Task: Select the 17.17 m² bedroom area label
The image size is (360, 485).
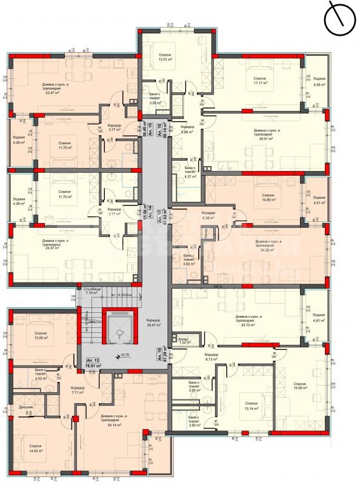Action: [260, 84]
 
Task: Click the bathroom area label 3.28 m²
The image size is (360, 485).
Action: [156, 103]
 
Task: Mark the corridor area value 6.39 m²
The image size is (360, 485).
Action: [209, 216]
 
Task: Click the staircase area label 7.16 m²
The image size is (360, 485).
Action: [92, 292]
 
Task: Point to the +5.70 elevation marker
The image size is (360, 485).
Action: [126, 355]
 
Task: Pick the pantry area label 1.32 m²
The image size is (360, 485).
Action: [185, 343]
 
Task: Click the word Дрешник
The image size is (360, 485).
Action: [25, 407]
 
